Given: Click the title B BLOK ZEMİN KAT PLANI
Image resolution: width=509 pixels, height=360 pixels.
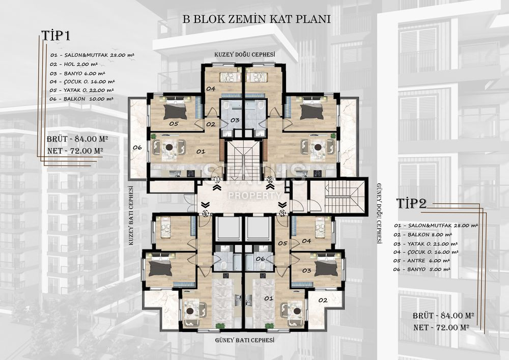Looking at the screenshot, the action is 257,19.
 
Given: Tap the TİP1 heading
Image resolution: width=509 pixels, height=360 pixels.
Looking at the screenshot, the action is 55,35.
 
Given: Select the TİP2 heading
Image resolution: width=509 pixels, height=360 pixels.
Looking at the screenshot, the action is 411,203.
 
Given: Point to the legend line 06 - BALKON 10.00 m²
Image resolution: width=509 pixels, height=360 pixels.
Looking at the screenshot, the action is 81,99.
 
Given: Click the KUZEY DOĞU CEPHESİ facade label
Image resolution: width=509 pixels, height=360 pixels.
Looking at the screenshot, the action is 245,54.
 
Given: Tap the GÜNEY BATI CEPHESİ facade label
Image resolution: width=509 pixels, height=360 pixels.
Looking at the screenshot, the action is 245,340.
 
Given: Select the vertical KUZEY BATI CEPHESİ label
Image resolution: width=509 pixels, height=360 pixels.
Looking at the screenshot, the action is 131,215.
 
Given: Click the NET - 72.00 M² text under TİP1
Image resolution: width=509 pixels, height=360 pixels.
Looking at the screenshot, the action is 75,151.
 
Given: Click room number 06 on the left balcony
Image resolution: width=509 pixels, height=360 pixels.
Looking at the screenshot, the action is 137,147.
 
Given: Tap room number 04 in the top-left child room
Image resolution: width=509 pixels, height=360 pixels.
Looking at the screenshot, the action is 211,88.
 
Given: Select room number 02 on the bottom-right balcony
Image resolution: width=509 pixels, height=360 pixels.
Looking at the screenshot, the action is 323,300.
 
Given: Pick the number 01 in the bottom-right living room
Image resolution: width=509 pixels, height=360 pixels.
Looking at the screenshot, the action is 268,298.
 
